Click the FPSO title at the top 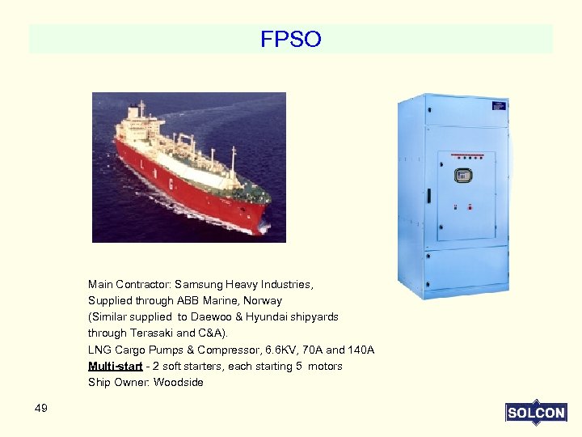(291, 39)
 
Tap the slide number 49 (41, 408)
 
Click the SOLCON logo (535, 413)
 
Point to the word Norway (264, 301)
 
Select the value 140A (361, 350)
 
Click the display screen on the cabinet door (463, 175)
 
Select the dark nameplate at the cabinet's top (500, 104)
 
